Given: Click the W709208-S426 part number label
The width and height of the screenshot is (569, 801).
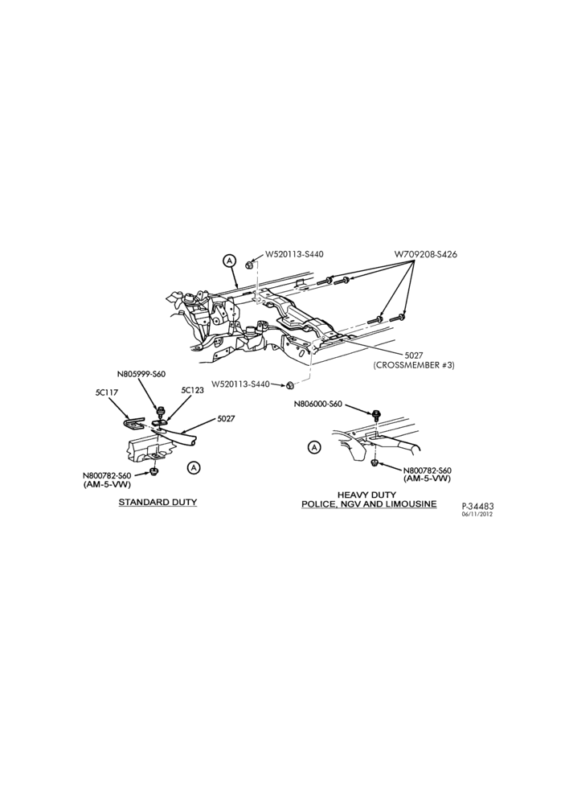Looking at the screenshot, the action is (x=426, y=254).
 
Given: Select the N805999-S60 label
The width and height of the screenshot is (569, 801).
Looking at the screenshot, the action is (x=141, y=373).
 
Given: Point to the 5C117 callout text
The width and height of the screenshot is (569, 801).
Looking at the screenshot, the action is (x=104, y=392).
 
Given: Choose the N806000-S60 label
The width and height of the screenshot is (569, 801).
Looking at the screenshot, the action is (x=318, y=404).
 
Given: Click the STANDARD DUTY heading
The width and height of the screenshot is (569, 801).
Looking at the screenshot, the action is (x=158, y=502).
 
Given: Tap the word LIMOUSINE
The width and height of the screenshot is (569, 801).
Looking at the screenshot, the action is (x=411, y=503).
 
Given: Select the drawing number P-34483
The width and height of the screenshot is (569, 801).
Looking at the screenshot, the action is (x=477, y=506).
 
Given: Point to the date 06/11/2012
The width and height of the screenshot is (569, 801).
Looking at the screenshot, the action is (x=477, y=515).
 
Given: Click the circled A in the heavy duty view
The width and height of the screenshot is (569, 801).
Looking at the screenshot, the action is (x=315, y=448).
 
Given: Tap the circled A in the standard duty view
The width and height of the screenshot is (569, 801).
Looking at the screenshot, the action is (x=194, y=467).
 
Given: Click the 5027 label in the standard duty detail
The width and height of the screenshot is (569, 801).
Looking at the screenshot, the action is (x=226, y=418).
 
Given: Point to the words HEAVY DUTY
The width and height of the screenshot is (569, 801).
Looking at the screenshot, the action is (x=366, y=495).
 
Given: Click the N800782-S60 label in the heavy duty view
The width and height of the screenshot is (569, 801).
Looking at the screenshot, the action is (x=427, y=470).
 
